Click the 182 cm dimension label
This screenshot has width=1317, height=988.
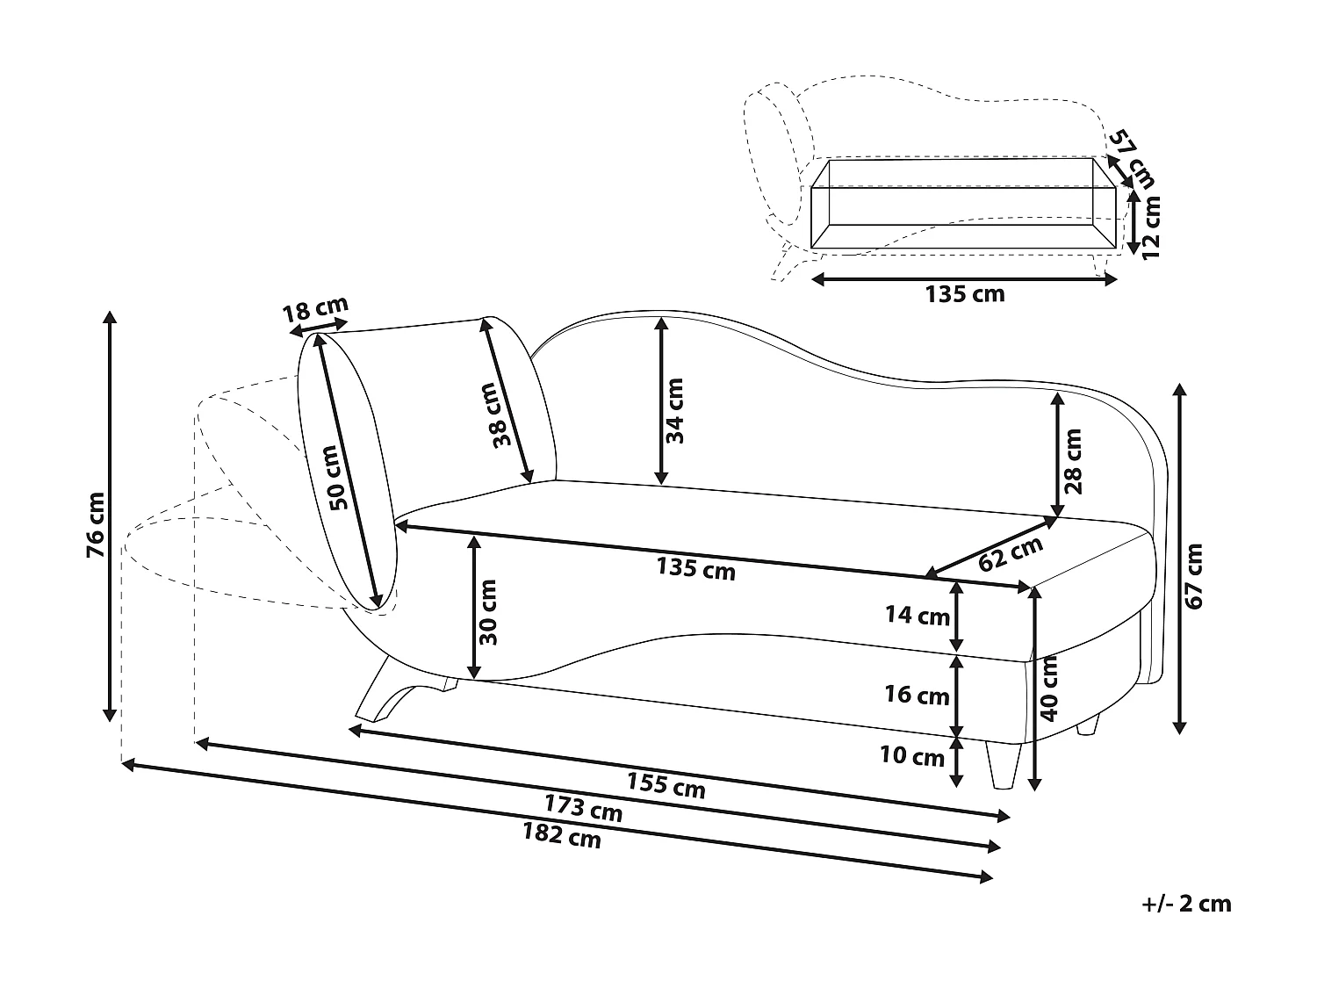(562, 835)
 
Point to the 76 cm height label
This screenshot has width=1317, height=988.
(96, 524)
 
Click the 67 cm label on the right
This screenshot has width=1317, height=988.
(1195, 575)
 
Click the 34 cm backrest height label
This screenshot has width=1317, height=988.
(674, 411)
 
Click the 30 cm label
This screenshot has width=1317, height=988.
(489, 612)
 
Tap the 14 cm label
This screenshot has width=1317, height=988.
(918, 616)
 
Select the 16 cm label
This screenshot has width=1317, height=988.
(918, 696)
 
